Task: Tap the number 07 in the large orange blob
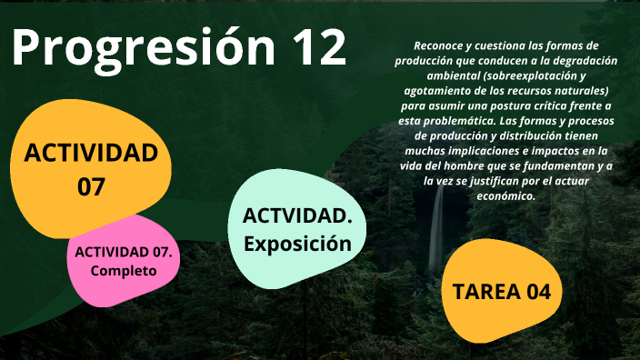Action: (91, 187)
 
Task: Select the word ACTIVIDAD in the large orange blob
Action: (91, 153)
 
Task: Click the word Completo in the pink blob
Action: (124, 271)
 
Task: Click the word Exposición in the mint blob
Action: (297, 244)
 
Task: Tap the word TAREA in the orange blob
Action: (481, 292)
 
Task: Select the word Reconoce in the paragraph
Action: (439, 45)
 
